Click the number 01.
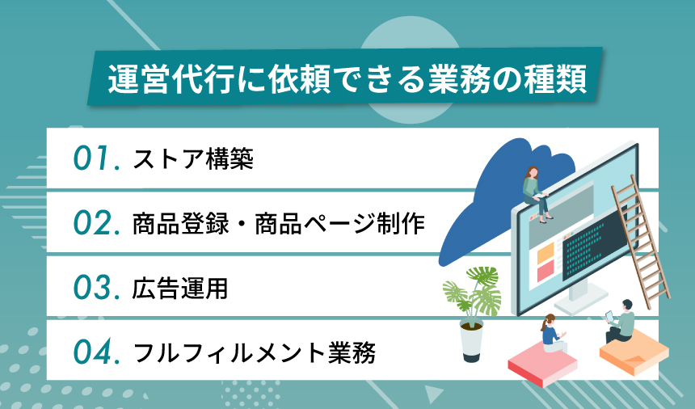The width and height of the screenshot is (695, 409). tap(95, 159)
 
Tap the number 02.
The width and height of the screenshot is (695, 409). tap(96, 224)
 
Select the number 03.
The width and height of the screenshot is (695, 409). tap(96, 289)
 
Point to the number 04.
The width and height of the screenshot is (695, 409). tap(96, 352)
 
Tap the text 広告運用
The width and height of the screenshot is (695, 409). tap(179, 289)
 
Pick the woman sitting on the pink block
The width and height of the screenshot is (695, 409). tap(552, 334)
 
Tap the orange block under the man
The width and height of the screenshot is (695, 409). tap(634, 352)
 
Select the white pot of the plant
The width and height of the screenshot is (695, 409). tap(471, 341)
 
